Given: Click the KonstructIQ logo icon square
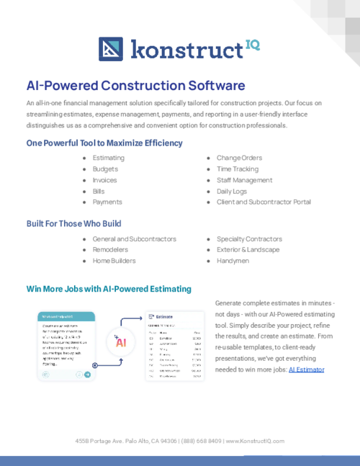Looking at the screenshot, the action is tap(112, 49).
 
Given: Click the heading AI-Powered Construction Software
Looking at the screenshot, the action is tap(135, 86).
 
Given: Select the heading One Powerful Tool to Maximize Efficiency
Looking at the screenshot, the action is tap(104, 143).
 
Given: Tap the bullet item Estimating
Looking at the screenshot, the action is tap(108, 158).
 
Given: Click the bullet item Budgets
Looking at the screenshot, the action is tap(105, 169).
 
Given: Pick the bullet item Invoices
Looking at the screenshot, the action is tap(104, 180).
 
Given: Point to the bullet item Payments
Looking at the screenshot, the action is tap(107, 202).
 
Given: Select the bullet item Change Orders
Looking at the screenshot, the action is tap(239, 158).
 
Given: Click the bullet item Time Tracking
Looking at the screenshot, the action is tap(238, 169).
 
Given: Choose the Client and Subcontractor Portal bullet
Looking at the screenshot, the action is tap(264, 202).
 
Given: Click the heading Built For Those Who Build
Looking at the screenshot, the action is tap(73, 223).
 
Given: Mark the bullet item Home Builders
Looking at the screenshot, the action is tap(113, 261).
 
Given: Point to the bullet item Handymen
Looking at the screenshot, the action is tap(233, 261).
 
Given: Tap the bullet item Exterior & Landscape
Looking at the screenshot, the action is tap(248, 249).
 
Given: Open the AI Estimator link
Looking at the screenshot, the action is tap(307, 369).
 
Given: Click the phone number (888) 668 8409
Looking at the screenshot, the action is tap(202, 441).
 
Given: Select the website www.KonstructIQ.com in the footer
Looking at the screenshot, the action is tap(256, 441).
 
